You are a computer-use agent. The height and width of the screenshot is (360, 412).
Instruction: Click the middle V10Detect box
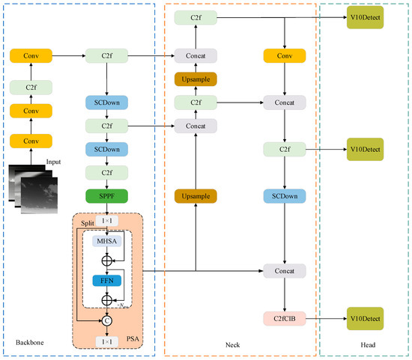365,150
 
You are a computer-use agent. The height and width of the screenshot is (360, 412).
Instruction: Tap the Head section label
366,342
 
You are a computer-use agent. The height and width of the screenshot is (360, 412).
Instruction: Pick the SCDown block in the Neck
284,196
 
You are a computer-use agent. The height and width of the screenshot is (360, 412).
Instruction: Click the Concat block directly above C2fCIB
284,271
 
